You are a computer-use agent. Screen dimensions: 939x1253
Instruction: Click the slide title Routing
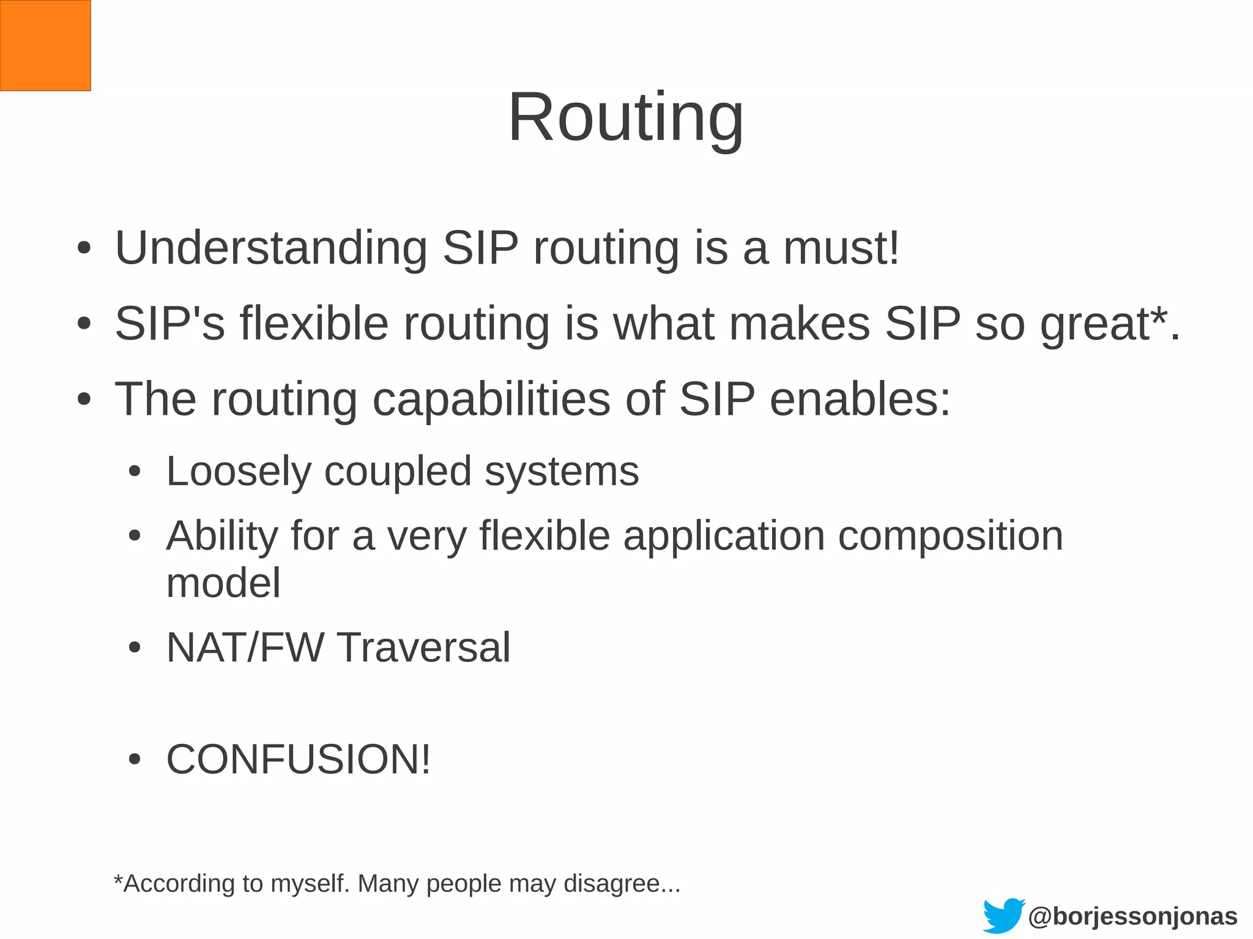tap(625, 117)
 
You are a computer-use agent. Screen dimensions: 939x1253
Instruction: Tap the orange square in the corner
tap(45, 45)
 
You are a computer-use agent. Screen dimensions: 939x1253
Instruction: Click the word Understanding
tap(271, 248)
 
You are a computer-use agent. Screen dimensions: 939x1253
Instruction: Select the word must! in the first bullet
tap(841, 248)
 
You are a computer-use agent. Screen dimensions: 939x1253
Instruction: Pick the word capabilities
tap(491, 399)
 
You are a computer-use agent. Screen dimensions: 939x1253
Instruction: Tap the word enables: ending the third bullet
tap(860, 399)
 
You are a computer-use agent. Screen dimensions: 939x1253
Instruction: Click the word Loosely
tap(238, 472)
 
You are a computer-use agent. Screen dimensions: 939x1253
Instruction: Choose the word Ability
tap(222, 536)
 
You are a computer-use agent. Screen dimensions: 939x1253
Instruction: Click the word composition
tap(950, 536)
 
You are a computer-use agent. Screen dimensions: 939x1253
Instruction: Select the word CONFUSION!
tap(299, 759)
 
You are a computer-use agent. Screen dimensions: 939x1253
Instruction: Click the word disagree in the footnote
tap(622, 883)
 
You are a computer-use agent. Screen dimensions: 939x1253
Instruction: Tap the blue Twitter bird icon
tap(1003, 915)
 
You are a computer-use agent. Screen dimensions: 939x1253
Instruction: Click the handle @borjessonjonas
tap(1132, 916)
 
